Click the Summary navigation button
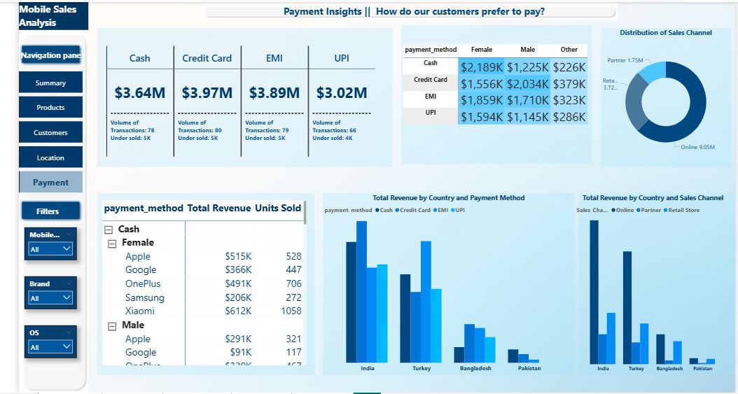pyautogui.click(x=50, y=83)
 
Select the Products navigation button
pyautogui.click(x=50, y=108)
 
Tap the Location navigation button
pyautogui.click(x=50, y=158)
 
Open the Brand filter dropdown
pyautogui.click(x=50, y=298)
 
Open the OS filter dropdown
pyautogui.click(x=50, y=347)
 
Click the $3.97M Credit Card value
pyautogui.click(x=207, y=92)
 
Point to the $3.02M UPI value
pyautogui.click(x=341, y=92)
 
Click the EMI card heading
pyautogui.click(x=274, y=58)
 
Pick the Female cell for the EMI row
pyautogui.click(x=482, y=100)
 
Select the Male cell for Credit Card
pyautogui.click(x=528, y=83)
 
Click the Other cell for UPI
pyautogui.click(x=569, y=117)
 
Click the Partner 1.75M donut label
pyautogui.click(x=625, y=61)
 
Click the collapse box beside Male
pyautogui.click(x=112, y=325)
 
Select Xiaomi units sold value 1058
pyautogui.click(x=291, y=311)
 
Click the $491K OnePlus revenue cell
pyautogui.click(x=238, y=284)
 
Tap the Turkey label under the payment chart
pyautogui.click(x=422, y=369)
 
